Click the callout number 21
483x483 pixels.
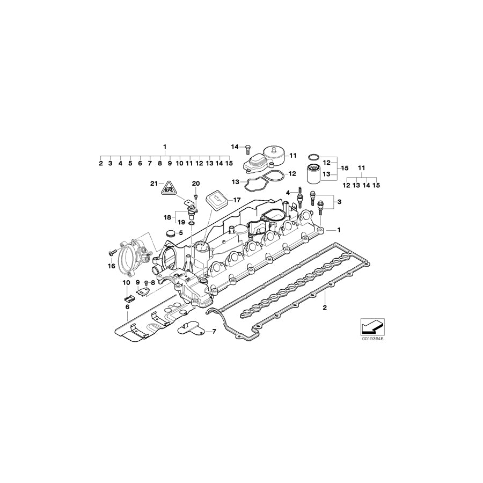pos(153,184)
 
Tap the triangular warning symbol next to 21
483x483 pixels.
pos(169,188)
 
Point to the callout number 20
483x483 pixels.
pos(195,184)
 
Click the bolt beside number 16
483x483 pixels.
pos(112,251)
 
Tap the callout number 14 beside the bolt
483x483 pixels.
pos(235,147)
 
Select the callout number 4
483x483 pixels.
pos(288,192)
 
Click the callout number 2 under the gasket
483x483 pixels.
pos(324,308)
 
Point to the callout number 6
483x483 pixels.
pos(127,307)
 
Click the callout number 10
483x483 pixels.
pos(126,282)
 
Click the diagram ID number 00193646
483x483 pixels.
pos(369,339)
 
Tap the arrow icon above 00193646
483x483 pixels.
pos(369,326)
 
